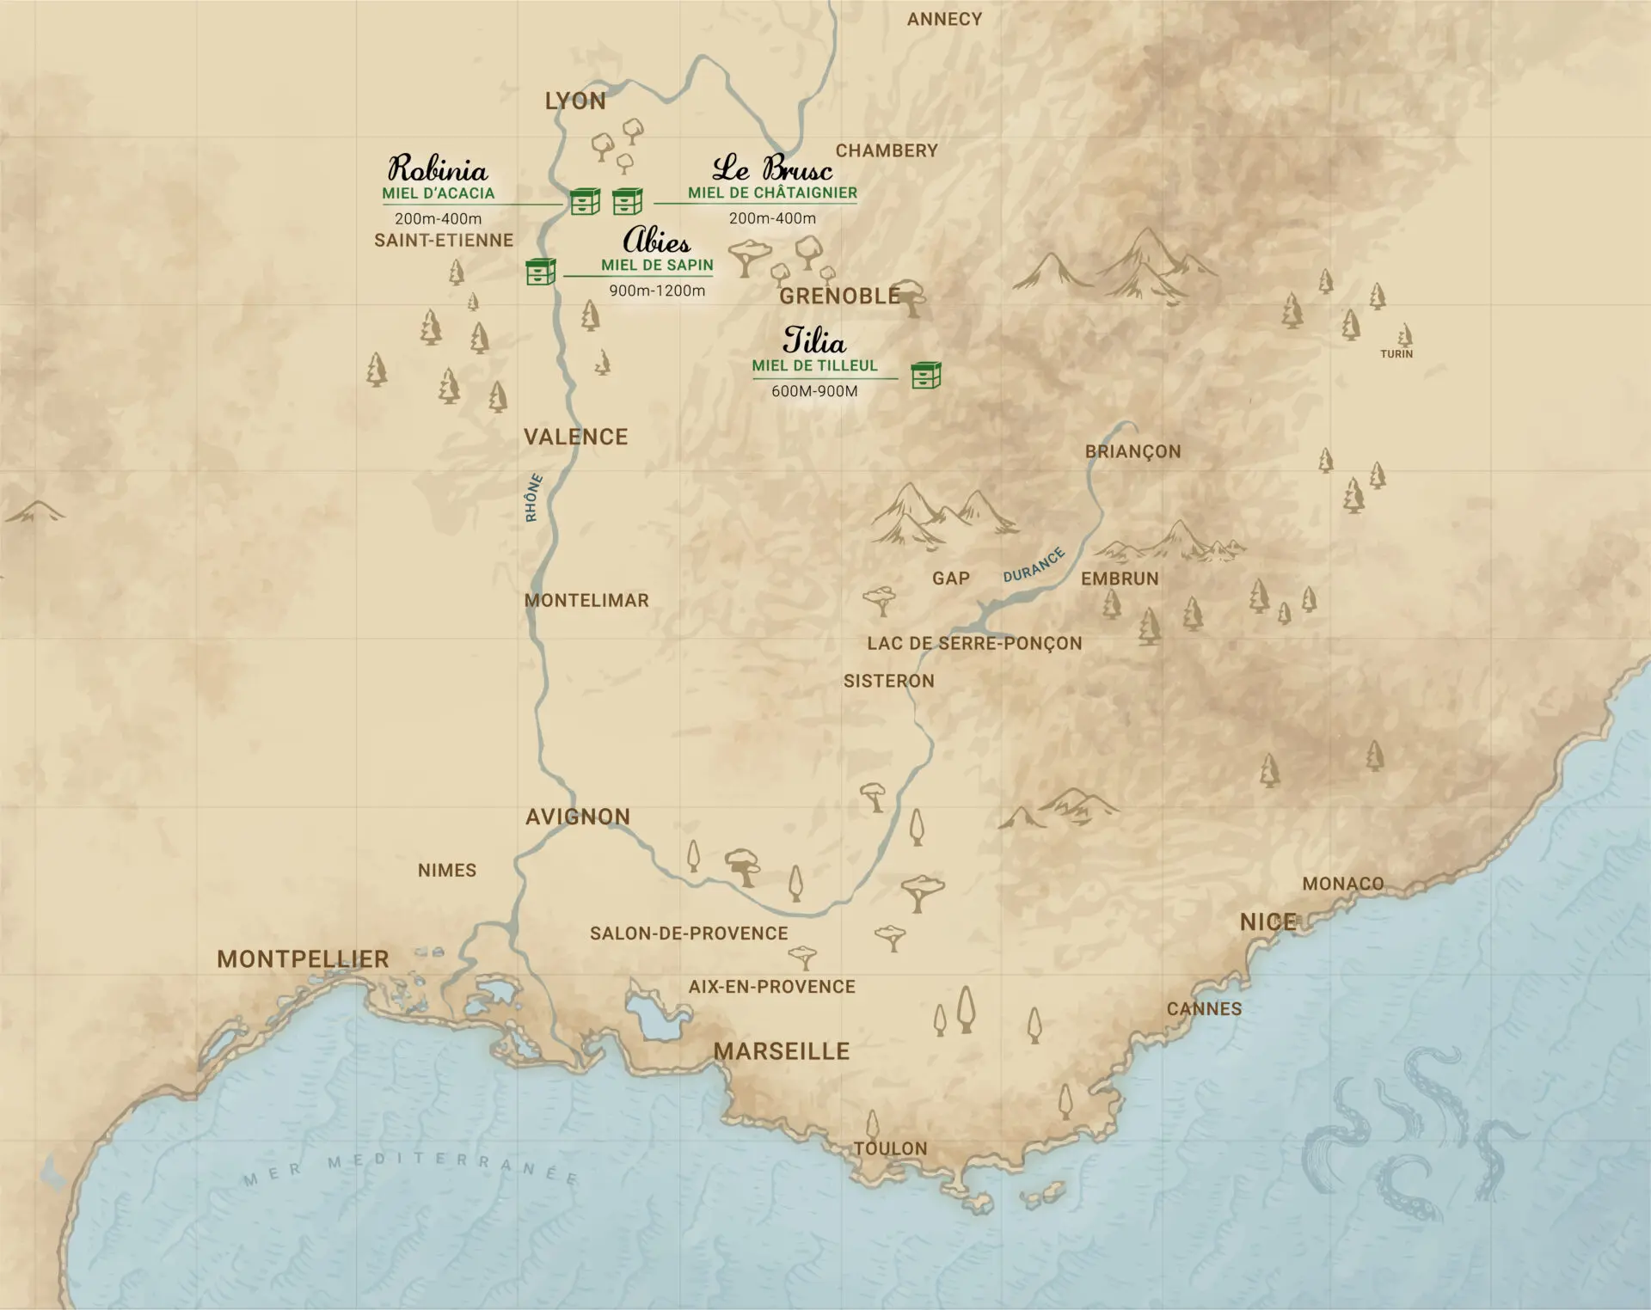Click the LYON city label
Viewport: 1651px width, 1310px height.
pos(575,101)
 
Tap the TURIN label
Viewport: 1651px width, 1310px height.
pos(1396,353)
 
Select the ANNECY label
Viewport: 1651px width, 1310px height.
pos(944,19)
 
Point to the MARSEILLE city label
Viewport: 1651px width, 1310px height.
pos(781,1050)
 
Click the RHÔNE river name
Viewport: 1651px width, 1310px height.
pos(533,498)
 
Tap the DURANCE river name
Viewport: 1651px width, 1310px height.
pos(1034,565)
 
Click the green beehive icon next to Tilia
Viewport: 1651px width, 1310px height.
pos(925,375)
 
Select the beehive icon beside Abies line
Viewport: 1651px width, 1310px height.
pos(540,272)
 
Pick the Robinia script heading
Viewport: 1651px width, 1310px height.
pos(437,168)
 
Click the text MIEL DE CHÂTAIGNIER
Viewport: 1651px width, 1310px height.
pos(772,193)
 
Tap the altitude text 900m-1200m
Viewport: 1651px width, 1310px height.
pos(657,291)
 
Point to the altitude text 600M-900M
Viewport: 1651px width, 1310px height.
pos(813,391)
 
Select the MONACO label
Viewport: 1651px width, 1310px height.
pos(1342,884)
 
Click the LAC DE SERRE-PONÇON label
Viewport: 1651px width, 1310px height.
pos(973,643)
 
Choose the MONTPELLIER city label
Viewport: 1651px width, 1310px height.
pos(303,959)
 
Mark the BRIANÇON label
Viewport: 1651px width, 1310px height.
pos(1132,451)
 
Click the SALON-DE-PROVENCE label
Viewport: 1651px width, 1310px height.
pos(688,934)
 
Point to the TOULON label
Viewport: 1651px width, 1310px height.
pos(890,1148)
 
